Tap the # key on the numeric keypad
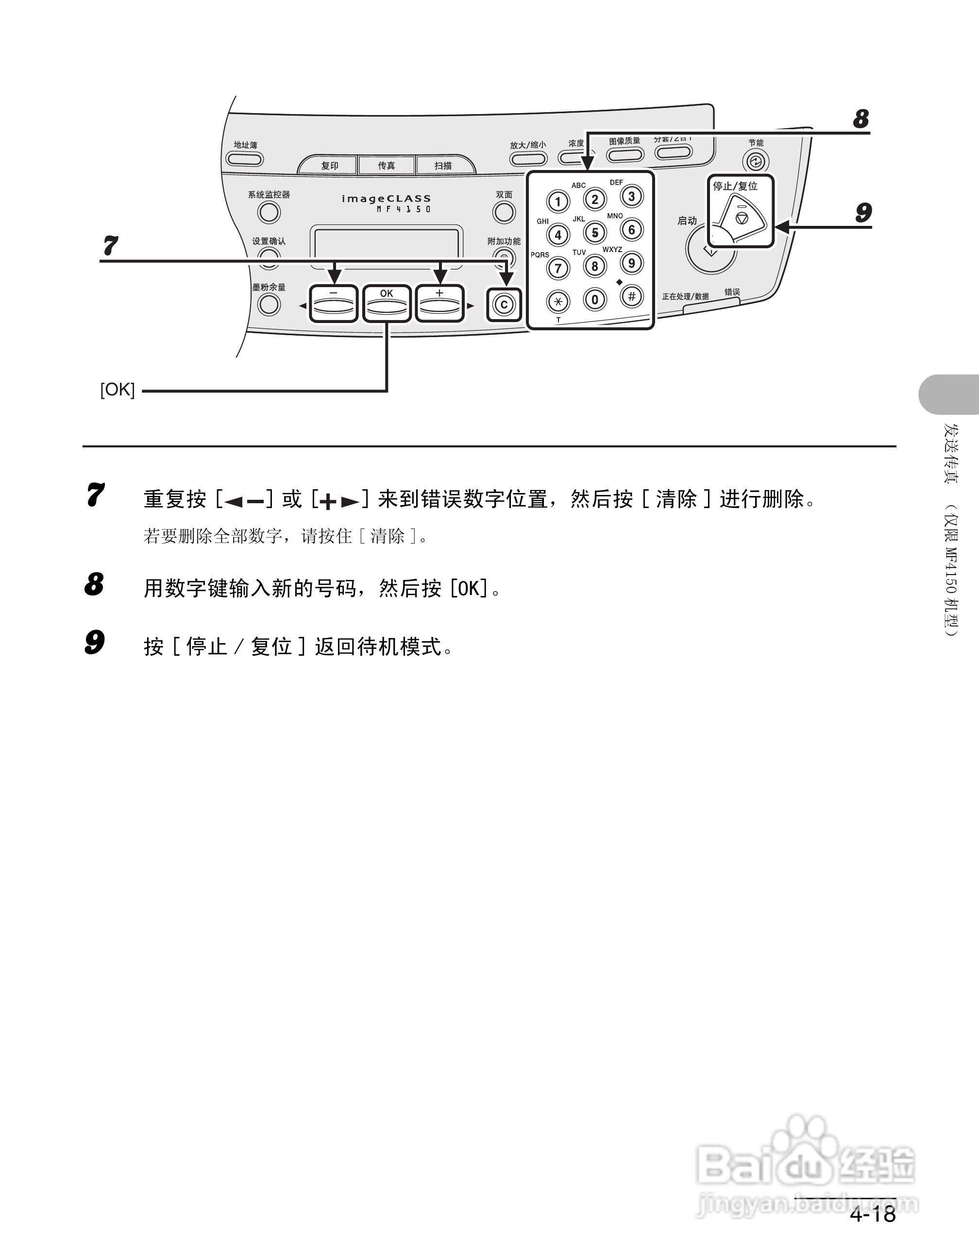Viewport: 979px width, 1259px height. click(631, 296)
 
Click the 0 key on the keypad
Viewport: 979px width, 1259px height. click(595, 299)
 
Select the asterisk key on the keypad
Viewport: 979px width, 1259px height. click(558, 301)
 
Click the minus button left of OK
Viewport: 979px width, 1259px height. click(334, 304)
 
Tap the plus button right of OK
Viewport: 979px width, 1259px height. click(439, 304)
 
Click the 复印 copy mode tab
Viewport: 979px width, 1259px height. click(330, 166)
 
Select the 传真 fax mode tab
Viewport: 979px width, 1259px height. click(386, 166)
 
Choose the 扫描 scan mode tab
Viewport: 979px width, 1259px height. click(443, 166)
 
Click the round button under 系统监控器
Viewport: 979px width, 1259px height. click(269, 212)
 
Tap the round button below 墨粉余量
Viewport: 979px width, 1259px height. click(269, 305)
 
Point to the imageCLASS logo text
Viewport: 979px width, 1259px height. click(386, 199)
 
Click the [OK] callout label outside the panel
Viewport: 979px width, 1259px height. click(118, 390)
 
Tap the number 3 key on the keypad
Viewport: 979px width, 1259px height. click(631, 196)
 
